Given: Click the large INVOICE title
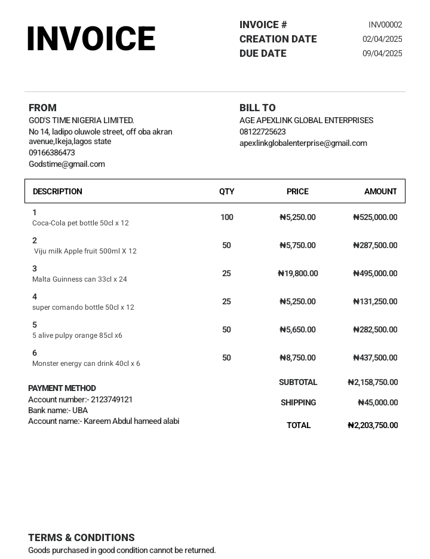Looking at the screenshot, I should (91, 39).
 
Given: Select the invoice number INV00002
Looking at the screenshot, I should (385, 25).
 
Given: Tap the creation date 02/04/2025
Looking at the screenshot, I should (382, 39).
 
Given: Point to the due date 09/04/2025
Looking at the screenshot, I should (382, 53).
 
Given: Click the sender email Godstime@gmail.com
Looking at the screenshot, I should (66, 164).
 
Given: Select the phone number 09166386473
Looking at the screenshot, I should (52, 152).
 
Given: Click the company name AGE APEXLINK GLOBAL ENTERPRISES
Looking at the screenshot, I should (306, 120).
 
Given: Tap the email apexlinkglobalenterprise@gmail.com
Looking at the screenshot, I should (303, 143).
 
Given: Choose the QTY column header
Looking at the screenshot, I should (227, 191).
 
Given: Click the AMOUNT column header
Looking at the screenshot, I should (380, 191).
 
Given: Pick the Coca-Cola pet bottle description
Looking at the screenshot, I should (81, 223).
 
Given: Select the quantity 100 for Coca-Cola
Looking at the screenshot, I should (227, 217).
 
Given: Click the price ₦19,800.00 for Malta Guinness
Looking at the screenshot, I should (298, 273).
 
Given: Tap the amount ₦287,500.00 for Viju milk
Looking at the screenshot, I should (375, 245).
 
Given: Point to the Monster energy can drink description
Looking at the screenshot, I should (86, 363).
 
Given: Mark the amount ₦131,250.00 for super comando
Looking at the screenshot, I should (375, 301).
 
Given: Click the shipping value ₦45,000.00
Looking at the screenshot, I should (377, 402).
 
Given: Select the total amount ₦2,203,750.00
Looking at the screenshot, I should (373, 425).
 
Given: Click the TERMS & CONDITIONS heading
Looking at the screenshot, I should (81, 537).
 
